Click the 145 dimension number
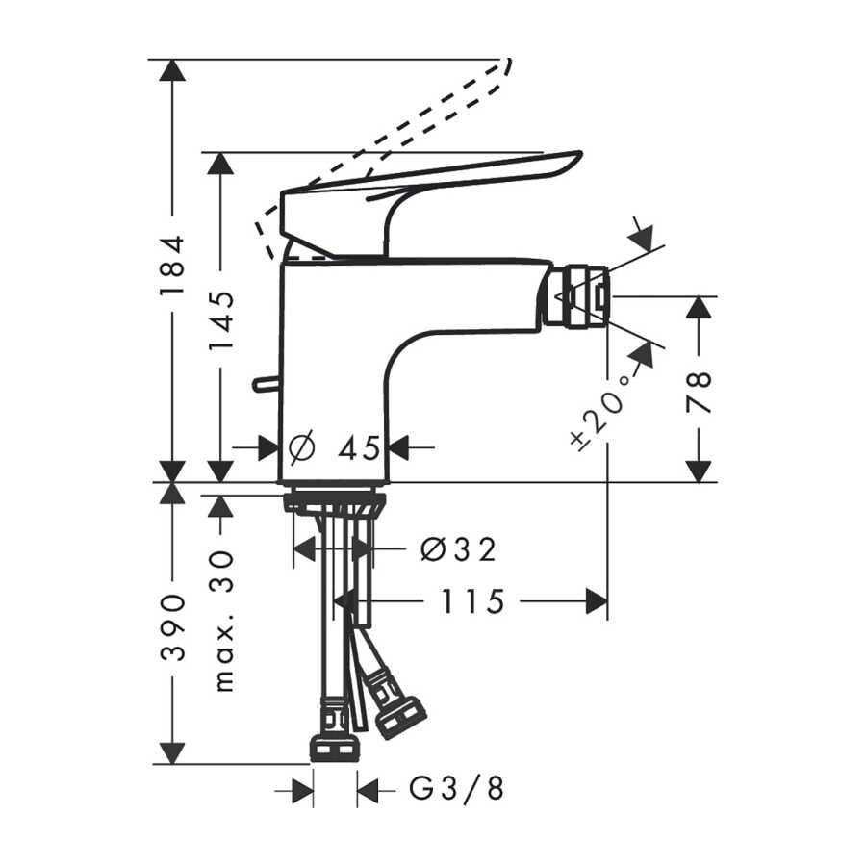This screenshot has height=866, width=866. pyautogui.click(x=221, y=320)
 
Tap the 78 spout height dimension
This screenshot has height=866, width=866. pyautogui.click(x=699, y=393)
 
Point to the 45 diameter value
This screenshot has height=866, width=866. pyautogui.click(x=359, y=447)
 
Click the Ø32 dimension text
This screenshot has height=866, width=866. pyautogui.click(x=458, y=549)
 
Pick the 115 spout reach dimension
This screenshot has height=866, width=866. pyautogui.click(x=472, y=601)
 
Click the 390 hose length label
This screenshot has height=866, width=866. pyautogui.click(x=172, y=628)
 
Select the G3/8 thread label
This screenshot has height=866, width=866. pyautogui.click(x=456, y=788)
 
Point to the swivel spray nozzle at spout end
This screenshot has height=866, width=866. pyautogui.click(x=577, y=296)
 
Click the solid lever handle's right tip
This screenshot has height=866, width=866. pyautogui.click(x=580, y=154)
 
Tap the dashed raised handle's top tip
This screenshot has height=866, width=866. pyautogui.click(x=509, y=61)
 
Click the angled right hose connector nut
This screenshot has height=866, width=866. pyautogui.click(x=400, y=715)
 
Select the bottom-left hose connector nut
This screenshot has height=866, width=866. pyautogui.click(x=335, y=749)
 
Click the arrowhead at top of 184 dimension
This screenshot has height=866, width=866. pyautogui.click(x=172, y=70)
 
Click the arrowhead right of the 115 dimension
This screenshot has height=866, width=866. pyautogui.click(x=597, y=601)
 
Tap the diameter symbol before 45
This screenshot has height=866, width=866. pyautogui.click(x=302, y=446)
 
